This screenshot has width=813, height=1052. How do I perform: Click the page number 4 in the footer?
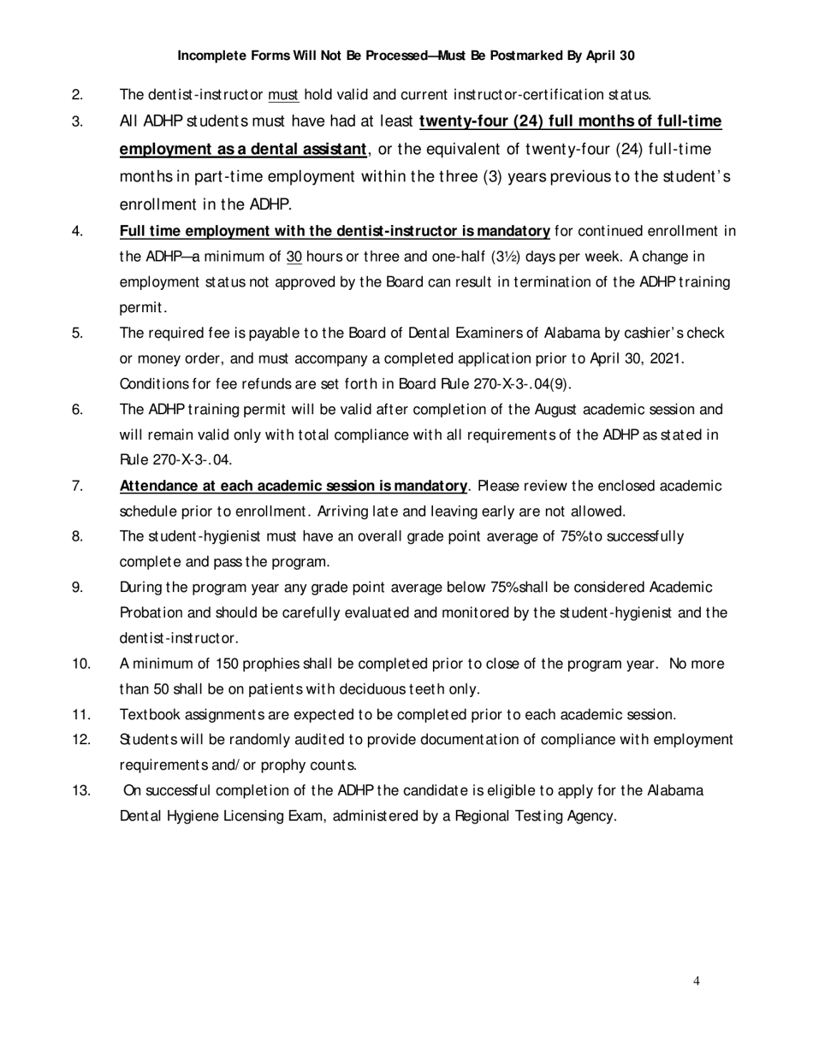[x=697, y=981]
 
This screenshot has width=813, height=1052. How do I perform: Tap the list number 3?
[x=77, y=121]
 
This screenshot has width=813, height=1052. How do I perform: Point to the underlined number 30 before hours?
[x=294, y=257]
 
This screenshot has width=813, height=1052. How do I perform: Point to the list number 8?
[x=77, y=537]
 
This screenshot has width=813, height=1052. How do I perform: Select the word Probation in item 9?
[x=150, y=612]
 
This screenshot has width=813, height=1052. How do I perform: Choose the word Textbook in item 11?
[x=147, y=714]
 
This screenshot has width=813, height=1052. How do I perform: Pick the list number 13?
[x=81, y=790]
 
